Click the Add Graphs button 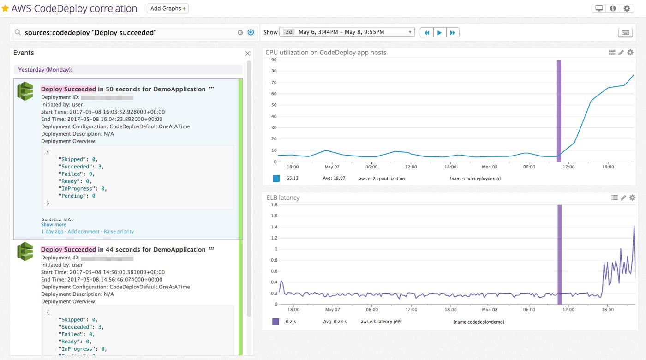[167, 8]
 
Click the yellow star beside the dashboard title [6, 9]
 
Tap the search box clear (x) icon [240, 32]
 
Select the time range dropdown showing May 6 [348, 32]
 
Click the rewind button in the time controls [427, 32]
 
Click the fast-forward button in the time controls [453, 32]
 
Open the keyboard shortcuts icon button [626, 32]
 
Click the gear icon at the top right [627, 8]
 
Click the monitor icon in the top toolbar [599, 8]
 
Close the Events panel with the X [247, 54]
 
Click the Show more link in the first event [54, 225]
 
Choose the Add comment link [84, 231]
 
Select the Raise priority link [119, 231]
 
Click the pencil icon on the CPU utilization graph [622, 53]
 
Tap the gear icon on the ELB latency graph [632, 198]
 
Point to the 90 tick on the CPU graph [274, 60]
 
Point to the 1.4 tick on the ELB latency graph [274, 227]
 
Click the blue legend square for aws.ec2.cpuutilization [276, 178]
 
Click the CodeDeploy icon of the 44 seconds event [25, 252]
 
